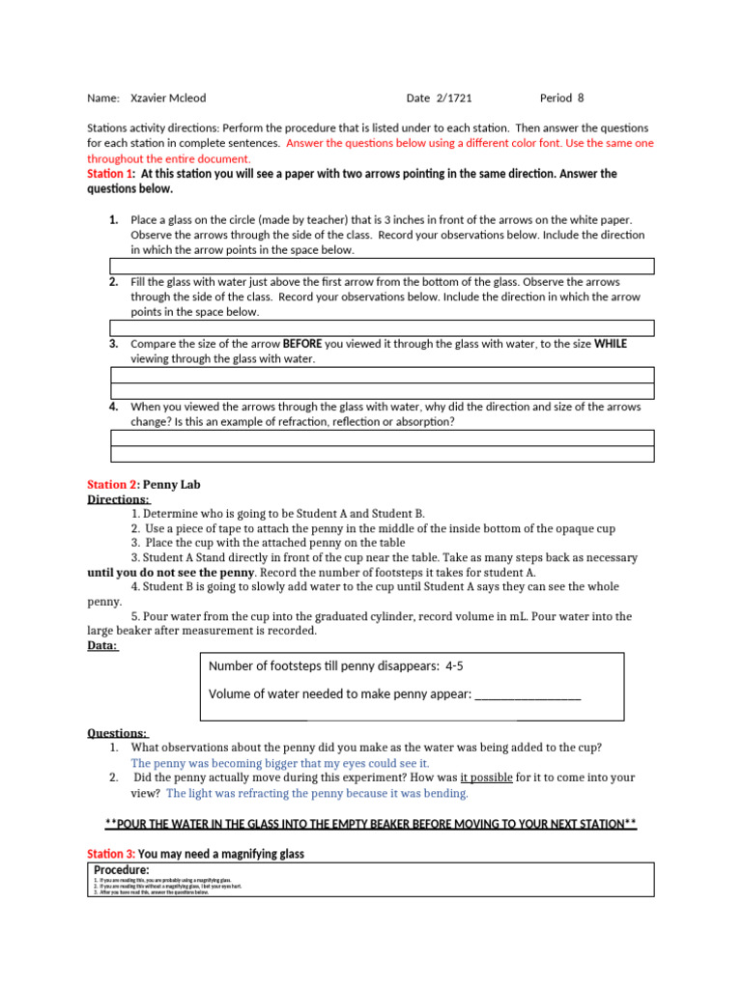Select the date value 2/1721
tap(453, 99)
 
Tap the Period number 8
tap(581, 99)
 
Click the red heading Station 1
tap(106, 174)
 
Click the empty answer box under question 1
tap(382, 266)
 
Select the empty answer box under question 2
tap(382, 328)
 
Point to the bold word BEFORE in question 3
tap(303, 344)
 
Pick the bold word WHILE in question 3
tap(610, 344)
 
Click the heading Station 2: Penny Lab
tap(144, 484)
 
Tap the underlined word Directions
tap(119, 499)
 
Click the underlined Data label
tap(102, 645)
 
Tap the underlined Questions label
tap(118, 733)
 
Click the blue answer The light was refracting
tap(317, 793)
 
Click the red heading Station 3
tap(111, 854)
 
